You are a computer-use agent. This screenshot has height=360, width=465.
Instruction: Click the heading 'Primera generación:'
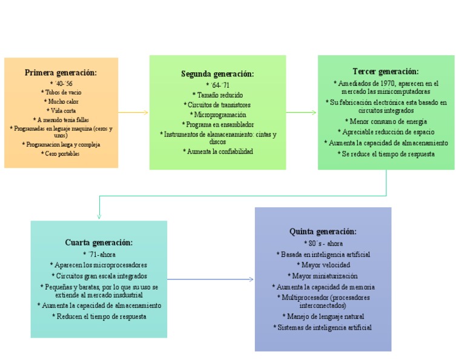tap(61, 73)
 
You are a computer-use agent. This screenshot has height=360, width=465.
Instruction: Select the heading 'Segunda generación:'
tap(217, 74)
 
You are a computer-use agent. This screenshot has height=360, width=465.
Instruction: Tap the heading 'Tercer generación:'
tap(386, 72)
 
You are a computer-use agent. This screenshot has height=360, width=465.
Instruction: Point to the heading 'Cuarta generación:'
tap(99, 242)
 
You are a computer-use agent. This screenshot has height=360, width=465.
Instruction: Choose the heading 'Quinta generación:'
tap(323, 232)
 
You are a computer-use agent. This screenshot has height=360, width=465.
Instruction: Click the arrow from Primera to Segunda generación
tap(133, 112)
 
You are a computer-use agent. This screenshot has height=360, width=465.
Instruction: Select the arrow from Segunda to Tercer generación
tap(301, 112)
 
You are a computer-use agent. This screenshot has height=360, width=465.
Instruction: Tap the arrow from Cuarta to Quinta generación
tap(210, 279)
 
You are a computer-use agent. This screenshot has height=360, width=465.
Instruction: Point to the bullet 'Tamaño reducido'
tap(217, 95)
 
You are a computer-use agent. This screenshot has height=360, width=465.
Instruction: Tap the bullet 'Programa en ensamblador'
tap(217, 124)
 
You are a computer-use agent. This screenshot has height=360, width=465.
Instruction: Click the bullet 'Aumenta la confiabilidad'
tap(217, 152)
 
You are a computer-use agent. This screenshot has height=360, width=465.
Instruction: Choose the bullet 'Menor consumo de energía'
tap(386, 121)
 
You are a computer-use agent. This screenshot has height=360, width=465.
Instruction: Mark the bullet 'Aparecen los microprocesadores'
tap(99, 265)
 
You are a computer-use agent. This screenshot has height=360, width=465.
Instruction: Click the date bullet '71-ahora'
tap(99, 254)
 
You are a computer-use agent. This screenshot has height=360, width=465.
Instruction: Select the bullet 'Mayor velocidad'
tap(323, 265)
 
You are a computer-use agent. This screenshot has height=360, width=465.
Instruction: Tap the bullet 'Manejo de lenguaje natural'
tap(323, 316)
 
